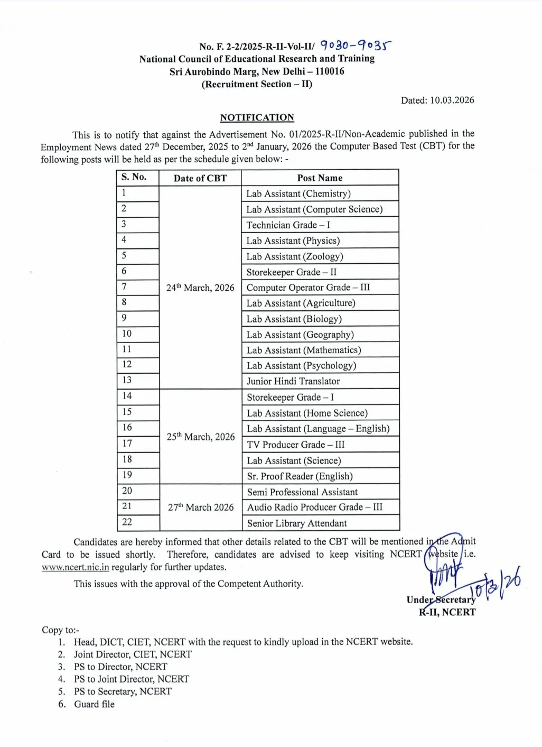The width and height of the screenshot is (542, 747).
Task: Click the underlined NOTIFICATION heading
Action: [257, 117]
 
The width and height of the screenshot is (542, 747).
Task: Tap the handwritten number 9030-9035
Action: [356, 46]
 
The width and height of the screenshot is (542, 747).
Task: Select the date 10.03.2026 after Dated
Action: [452, 100]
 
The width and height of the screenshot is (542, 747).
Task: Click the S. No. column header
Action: [134, 177]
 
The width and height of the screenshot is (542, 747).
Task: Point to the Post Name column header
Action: [320, 178]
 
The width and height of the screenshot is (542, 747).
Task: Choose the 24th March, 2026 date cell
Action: [200, 288]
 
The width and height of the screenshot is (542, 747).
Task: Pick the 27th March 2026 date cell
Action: [201, 508]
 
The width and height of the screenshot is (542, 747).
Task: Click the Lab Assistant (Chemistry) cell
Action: [298, 193]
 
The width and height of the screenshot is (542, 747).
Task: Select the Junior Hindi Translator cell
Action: [293, 381]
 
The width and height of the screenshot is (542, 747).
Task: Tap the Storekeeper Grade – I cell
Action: [291, 397]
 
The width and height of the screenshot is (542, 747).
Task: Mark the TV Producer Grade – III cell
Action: [296, 445]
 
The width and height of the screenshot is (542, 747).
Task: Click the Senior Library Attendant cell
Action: [297, 523]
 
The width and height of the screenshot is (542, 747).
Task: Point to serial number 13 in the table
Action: [127, 380]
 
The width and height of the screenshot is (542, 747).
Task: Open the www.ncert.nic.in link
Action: [76, 567]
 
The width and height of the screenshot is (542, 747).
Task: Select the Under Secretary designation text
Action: [441, 600]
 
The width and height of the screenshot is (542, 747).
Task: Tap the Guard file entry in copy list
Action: [94, 704]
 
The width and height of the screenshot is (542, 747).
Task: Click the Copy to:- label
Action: [60, 630]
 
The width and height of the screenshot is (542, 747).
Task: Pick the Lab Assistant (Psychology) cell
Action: [301, 366]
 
